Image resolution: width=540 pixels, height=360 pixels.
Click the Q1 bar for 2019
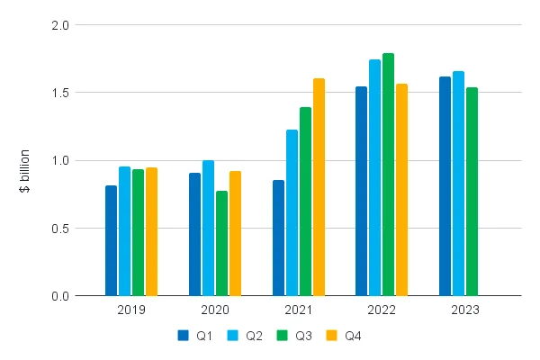pos(111,240)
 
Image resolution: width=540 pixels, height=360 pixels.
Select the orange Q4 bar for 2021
pos(319,187)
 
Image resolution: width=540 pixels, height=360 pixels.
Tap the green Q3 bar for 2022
pos(388,175)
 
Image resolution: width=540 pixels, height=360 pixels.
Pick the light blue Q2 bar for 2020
pos(208,228)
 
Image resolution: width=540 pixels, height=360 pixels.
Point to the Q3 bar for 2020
pos(221,243)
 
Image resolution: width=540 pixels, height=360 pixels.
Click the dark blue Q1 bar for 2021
pos(279,238)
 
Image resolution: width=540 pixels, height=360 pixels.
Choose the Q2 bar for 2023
pos(458,184)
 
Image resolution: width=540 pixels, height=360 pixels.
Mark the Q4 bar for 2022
pos(401,190)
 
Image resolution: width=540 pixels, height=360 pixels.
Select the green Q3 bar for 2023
pos(472,192)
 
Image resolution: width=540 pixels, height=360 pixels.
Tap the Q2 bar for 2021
pos(292,212)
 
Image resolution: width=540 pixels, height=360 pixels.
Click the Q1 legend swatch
pos(184,336)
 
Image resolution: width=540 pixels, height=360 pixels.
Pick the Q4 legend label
pos(353,336)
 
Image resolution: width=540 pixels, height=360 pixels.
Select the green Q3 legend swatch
pos(282,336)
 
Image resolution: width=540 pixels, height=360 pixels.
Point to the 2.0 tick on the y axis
pos(60,25)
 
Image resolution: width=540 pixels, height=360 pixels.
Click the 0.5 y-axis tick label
pos(60,229)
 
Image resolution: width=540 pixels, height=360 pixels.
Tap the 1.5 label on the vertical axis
pos(60,93)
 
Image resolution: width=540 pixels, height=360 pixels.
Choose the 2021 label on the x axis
pos(298,310)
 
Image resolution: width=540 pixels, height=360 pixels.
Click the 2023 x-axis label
pos(465,310)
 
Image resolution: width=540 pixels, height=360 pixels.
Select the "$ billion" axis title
pos(24,171)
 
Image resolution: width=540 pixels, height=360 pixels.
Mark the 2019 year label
pos(131,310)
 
